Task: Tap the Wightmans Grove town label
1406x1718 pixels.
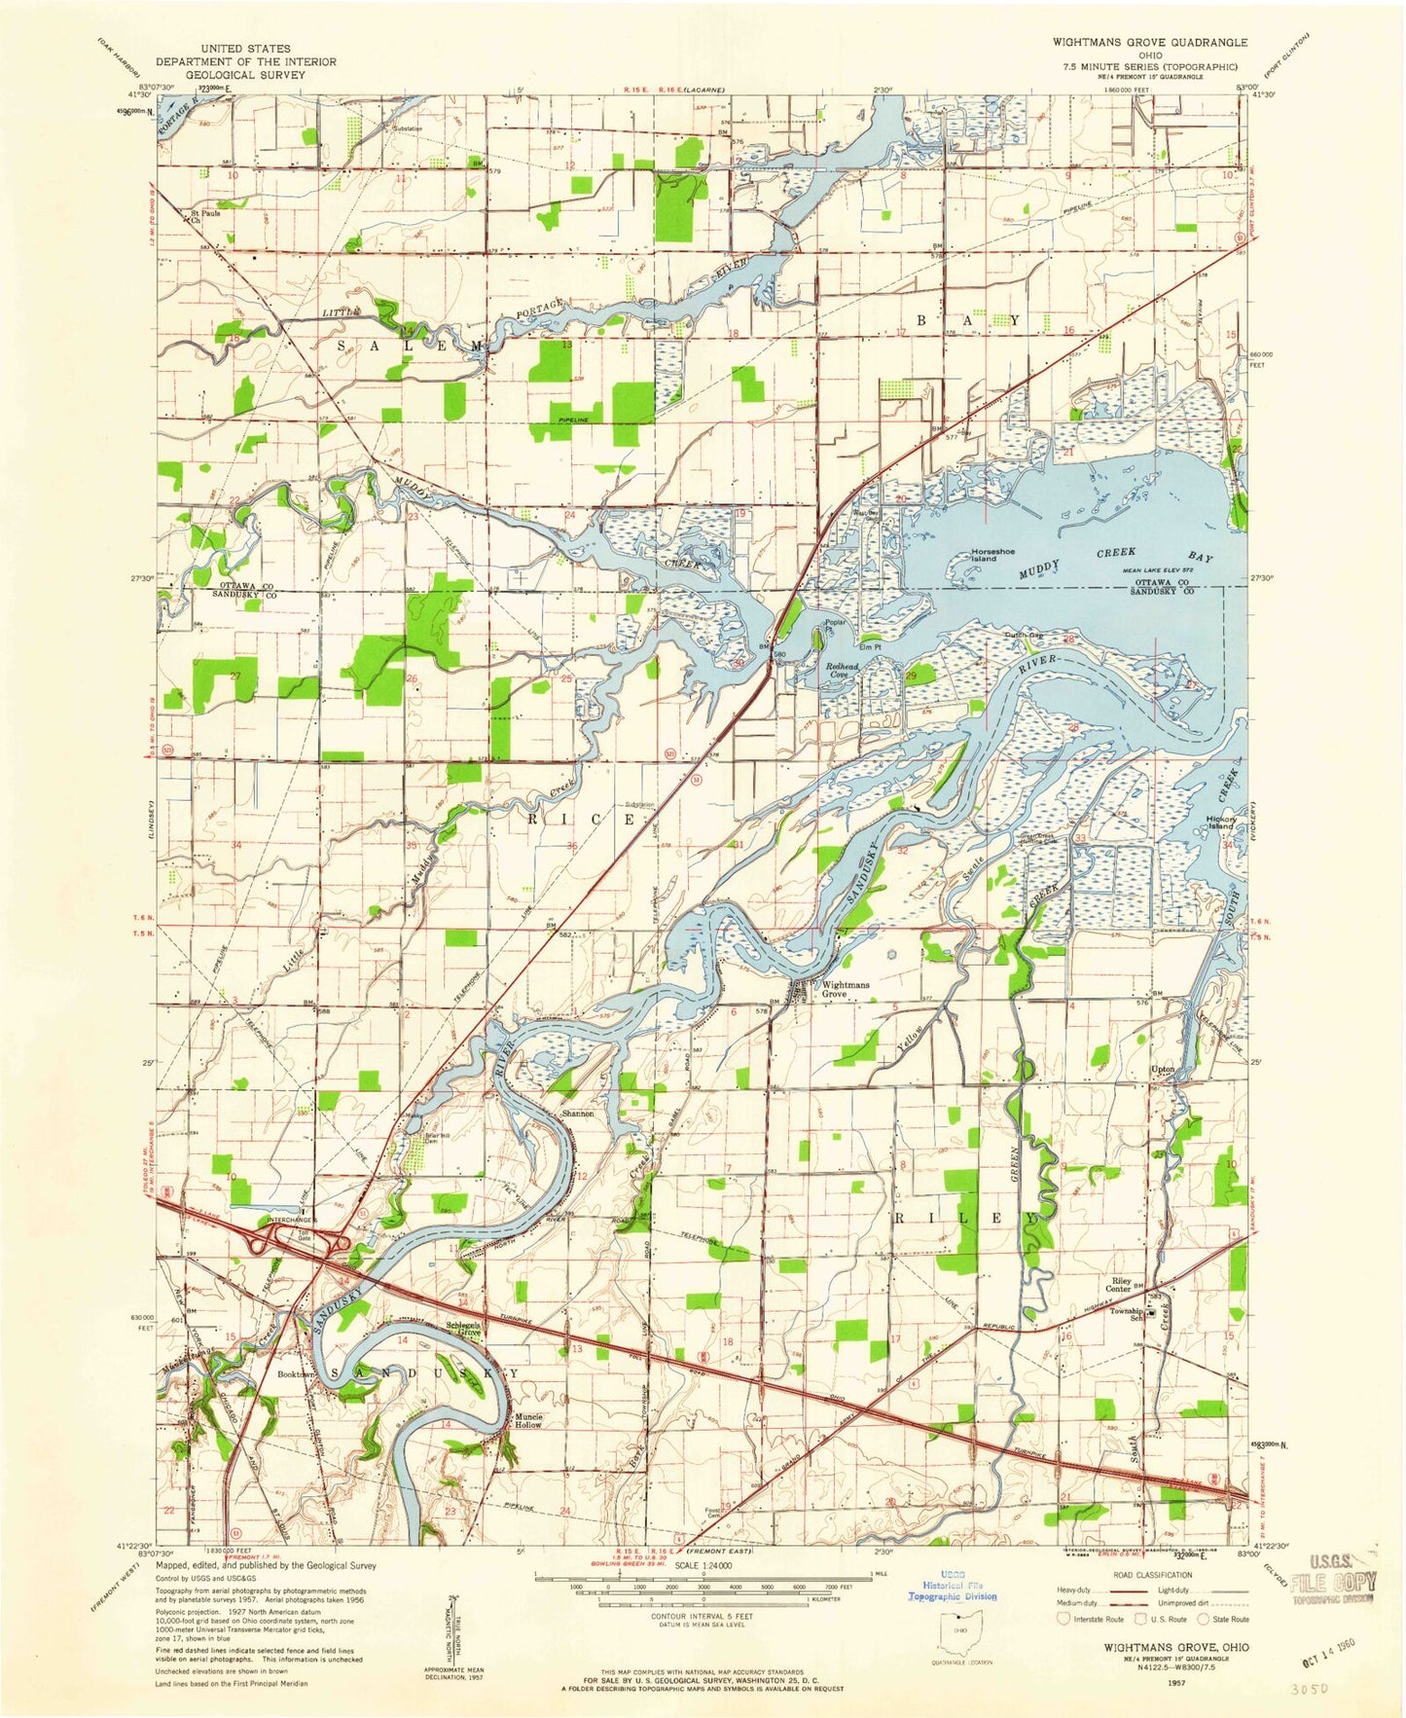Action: (846, 989)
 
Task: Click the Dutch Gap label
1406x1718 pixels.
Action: (1023, 637)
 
